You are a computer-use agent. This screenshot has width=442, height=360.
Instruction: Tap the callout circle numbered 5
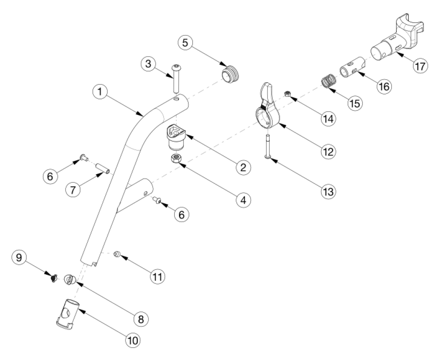click(186, 43)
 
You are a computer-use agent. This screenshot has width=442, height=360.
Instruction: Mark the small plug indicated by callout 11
click(118, 254)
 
